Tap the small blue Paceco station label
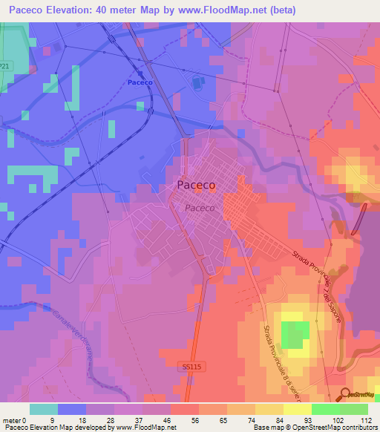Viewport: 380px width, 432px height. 140,82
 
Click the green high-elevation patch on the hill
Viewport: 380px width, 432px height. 295,333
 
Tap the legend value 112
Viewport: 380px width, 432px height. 364,419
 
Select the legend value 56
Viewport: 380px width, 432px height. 195,419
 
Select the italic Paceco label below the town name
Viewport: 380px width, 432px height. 200,209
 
